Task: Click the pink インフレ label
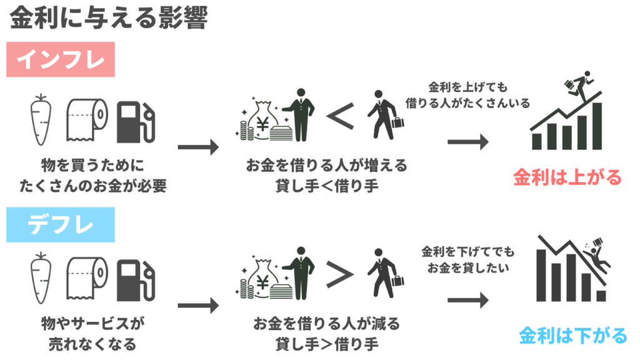61,59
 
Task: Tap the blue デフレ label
61,225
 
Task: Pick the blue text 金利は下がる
572,336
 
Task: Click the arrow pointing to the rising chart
467,141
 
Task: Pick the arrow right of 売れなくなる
198,306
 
